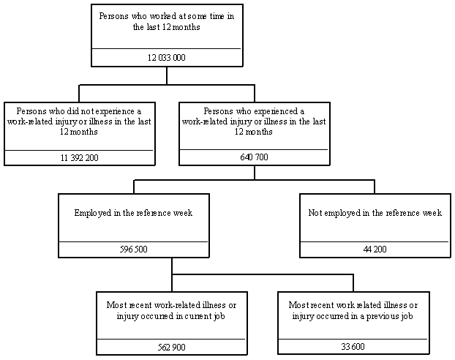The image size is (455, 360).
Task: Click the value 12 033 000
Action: click(x=166, y=57)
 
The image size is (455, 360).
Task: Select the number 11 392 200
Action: click(x=78, y=157)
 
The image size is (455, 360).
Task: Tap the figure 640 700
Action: click(x=254, y=157)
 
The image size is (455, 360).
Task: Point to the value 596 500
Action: click(x=134, y=249)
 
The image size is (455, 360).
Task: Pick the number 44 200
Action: click(x=375, y=249)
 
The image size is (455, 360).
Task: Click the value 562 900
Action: click(x=171, y=347)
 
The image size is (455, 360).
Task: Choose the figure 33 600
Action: click(x=353, y=347)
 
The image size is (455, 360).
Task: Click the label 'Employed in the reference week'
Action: click(x=133, y=213)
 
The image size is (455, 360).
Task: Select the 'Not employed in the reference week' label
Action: click(x=375, y=213)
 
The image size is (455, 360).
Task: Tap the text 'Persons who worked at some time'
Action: click(x=166, y=17)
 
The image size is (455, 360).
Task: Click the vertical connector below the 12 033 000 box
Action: click(x=166, y=75)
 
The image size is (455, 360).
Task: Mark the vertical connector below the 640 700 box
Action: click(x=254, y=171)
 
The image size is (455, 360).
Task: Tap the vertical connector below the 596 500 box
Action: click(x=172, y=266)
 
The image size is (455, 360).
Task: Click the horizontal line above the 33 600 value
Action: click(x=353, y=339)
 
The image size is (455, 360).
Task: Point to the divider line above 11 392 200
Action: click(x=78, y=150)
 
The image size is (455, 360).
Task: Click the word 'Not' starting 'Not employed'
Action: click(x=315, y=213)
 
